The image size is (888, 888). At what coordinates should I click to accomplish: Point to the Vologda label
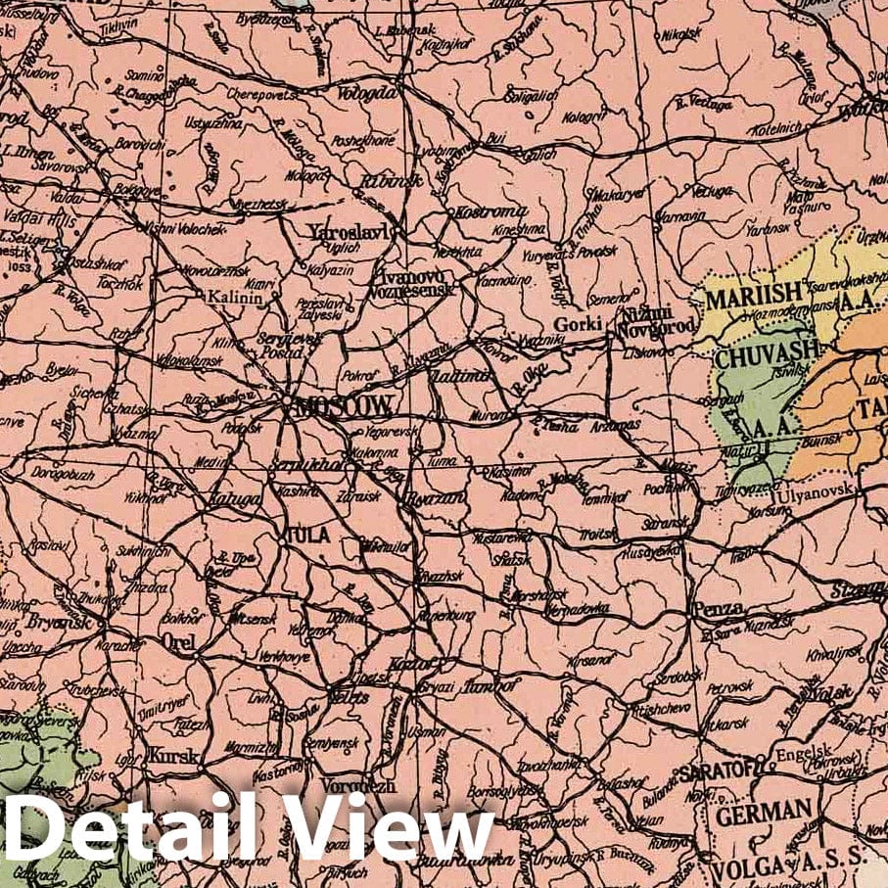click(370, 93)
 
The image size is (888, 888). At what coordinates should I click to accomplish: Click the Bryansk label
click(60, 622)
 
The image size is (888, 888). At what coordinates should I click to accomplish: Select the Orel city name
click(182, 643)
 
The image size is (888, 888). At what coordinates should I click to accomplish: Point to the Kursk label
click(175, 756)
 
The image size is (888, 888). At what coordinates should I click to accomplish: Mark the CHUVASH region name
click(752, 353)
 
